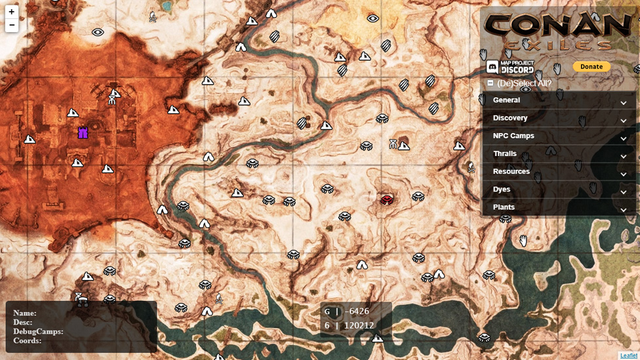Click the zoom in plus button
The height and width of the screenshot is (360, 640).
pyautogui.click(x=11, y=12)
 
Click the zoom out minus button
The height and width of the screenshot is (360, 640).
pyautogui.click(x=11, y=26)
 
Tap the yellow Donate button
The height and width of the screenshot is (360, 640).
pyautogui.click(x=591, y=67)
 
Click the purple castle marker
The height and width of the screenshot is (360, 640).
pyautogui.click(x=83, y=132)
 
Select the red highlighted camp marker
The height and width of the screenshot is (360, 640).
pyautogui.click(x=387, y=199)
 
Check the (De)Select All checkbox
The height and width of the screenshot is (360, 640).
pyautogui.click(x=490, y=83)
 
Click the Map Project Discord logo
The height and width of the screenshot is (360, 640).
pyautogui.click(x=510, y=67)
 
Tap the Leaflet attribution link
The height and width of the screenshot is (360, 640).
pyautogui.click(x=628, y=355)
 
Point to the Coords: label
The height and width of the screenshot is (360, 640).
pyautogui.click(x=27, y=340)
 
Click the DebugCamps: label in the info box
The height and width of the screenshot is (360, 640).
pyautogui.click(x=38, y=331)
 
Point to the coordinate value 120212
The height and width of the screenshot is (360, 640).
pyautogui.click(x=358, y=325)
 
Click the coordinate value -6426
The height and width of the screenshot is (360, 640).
pyautogui.click(x=358, y=311)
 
